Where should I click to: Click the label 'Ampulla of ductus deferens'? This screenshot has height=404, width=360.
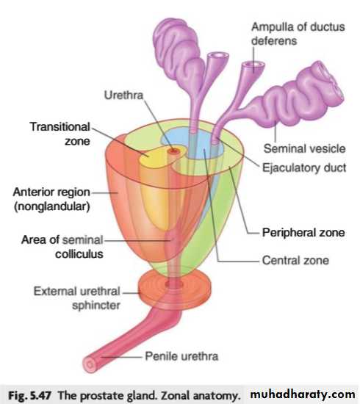298,34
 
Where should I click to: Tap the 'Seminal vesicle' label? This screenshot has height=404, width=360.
304,148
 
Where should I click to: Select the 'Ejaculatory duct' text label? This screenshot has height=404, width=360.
304,167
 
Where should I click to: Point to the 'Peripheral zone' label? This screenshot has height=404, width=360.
303,232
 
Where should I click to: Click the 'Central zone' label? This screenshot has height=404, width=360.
295,260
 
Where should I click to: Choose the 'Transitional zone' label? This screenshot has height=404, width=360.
60,134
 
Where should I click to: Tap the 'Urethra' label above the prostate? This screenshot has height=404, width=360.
123,95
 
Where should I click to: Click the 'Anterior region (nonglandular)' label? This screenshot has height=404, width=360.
51,199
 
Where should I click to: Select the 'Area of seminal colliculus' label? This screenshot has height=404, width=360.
62,247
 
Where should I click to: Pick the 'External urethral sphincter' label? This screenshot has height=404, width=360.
77,298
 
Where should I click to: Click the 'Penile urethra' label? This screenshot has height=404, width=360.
181,356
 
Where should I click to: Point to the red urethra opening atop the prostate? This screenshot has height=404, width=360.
174,151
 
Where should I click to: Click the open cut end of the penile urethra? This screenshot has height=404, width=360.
90,365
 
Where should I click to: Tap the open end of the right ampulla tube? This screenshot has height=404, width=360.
253,65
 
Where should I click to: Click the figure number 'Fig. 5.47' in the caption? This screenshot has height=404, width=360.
29,395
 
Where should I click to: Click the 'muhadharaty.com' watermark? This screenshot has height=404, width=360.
302,394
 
